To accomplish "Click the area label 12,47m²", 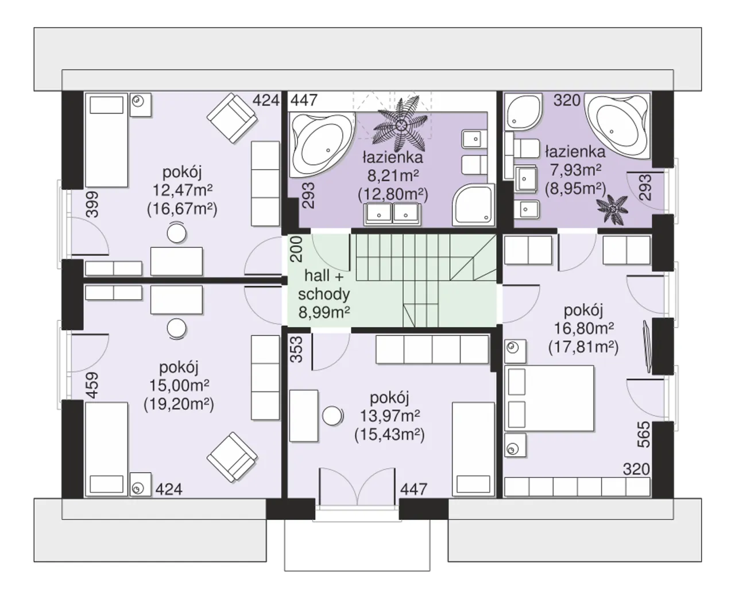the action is point(182,190).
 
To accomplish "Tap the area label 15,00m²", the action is point(179,385).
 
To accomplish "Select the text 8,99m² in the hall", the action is point(324,312).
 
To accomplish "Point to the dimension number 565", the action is point(643,434).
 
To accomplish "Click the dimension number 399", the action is point(92,204).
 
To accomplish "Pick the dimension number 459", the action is point(92,385).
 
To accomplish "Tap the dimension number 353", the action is point(296,350).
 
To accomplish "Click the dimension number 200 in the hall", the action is point(296,249).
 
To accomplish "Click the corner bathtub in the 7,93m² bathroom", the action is point(617,126).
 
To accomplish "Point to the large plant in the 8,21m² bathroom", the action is point(401,125).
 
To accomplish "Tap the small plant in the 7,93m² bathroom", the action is point(613,209).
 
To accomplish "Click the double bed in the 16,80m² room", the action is point(550,398).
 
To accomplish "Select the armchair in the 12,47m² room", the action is point(232,118).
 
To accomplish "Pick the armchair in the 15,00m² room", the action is point(232,457).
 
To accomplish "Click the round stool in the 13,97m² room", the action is point(332,416).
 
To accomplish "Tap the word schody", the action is point(324,294).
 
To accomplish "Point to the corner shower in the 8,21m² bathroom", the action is point(473,204).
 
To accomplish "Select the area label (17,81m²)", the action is point(583,347).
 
